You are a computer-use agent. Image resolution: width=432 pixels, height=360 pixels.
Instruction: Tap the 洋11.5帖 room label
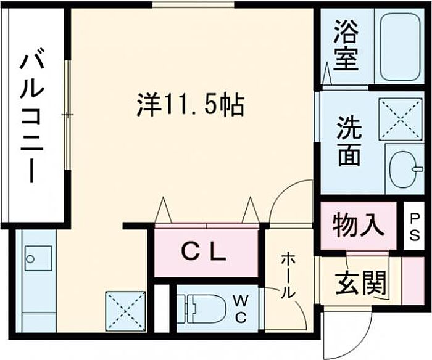(x=190, y=105)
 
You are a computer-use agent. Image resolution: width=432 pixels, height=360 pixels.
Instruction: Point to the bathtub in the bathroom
(x=401, y=46)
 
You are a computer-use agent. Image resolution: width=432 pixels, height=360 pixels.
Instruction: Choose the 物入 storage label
(x=357, y=224)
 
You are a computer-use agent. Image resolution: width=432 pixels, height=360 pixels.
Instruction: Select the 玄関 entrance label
(x=361, y=283)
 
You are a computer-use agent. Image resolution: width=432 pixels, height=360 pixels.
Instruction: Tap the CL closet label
(x=203, y=251)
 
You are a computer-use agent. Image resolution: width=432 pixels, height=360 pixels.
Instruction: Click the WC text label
(x=241, y=309)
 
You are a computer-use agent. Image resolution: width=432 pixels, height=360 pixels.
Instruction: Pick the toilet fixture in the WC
(x=203, y=309)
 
